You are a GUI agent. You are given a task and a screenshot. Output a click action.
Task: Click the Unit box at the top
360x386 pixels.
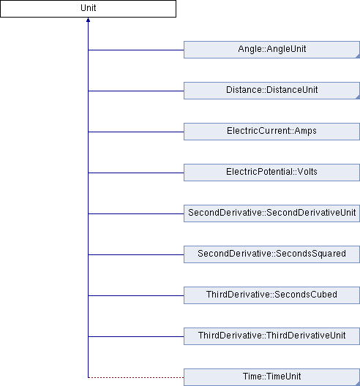pyautogui.click(x=88, y=9)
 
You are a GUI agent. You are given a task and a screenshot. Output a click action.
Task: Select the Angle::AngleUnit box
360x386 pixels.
pyautogui.click(x=271, y=50)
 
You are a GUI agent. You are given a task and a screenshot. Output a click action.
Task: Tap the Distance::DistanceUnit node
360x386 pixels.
pyautogui.click(x=271, y=91)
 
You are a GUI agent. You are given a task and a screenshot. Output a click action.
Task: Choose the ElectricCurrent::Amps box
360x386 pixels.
pyautogui.click(x=271, y=132)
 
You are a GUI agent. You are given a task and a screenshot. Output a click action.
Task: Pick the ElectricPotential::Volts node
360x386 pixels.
pyautogui.click(x=271, y=173)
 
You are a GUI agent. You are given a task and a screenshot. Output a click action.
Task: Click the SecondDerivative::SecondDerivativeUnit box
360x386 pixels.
pyautogui.click(x=271, y=213)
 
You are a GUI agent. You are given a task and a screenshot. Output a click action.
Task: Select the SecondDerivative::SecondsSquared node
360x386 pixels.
pyautogui.click(x=271, y=254)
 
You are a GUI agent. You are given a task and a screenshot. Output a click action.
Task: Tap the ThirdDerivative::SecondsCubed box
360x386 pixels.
pyautogui.click(x=271, y=295)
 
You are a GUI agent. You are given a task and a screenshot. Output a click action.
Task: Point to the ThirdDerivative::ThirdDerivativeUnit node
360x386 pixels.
pyautogui.click(x=271, y=336)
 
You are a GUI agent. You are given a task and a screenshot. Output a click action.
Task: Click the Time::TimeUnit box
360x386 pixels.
pyautogui.click(x=271, y=377)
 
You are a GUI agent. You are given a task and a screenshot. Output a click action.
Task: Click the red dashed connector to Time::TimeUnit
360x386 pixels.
pyautogui.click(x=136, y=377)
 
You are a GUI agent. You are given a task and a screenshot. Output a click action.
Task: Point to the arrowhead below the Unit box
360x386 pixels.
pyautogui.click(x=88, y=20)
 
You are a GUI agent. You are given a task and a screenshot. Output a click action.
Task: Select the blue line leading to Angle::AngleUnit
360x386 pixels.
pyautogui.click(x=136, y=50)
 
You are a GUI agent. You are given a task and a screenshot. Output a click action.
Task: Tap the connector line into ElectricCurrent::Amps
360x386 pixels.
pyautogui.click(x=136, y=132)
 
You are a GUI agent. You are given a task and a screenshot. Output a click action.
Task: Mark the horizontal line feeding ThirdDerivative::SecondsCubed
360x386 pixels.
pyautogui.click(x=136, y=295)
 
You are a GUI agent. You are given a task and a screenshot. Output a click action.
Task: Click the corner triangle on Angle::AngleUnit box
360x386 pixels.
pyautogui.click(x=359, y=57)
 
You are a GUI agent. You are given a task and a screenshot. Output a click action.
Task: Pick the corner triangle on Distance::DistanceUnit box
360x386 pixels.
pyautogui.click(x=359, y=98)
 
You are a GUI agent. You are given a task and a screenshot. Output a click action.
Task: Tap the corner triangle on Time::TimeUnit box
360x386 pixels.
pyautogui.click(x=359, y=384)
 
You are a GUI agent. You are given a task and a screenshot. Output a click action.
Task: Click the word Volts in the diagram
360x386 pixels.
pyautogui.click(x=307, y=172)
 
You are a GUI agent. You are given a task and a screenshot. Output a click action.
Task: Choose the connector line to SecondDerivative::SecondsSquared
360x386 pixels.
pyautogui.click(x=136, y=255)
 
